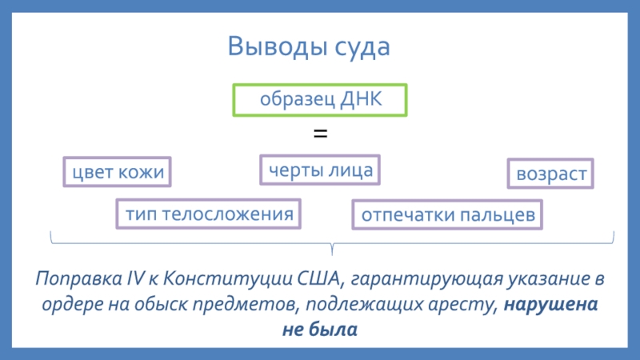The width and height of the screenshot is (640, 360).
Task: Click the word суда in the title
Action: tap(362, 46)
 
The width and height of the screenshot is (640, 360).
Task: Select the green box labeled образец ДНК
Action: tap(320, 100)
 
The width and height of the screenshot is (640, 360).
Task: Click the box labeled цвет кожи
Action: tap(118, 172)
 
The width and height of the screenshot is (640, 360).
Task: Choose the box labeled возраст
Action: tap(551, 174)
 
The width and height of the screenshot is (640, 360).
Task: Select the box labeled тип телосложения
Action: tap(204, 214)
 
